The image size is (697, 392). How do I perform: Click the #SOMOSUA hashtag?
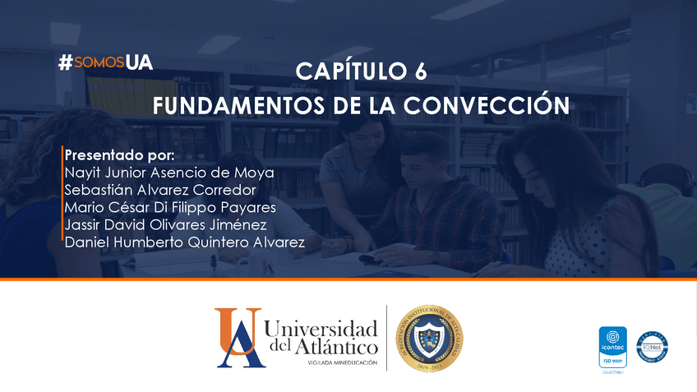click(106, 62)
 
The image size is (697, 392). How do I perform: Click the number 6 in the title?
click(420, 72)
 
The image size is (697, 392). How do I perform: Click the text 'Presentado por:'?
click(120, 155)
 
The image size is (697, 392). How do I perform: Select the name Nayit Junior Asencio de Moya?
click(169, 173)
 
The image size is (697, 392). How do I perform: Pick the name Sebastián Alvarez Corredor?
click(159, 190)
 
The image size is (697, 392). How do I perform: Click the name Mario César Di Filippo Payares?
click(170, 207)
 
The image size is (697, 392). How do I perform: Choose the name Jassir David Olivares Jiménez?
click(165, 224)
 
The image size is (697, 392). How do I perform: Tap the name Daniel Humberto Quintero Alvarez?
click(185, 242)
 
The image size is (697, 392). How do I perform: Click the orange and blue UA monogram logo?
click(238, 337)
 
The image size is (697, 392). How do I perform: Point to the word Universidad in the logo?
click(322, 330)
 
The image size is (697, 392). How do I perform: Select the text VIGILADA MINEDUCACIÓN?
click(343, 362)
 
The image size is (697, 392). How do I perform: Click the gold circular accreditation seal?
click(428, 338)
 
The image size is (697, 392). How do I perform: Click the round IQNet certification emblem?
click(651, 348)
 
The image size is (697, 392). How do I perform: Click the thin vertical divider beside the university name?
click(386, 338)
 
